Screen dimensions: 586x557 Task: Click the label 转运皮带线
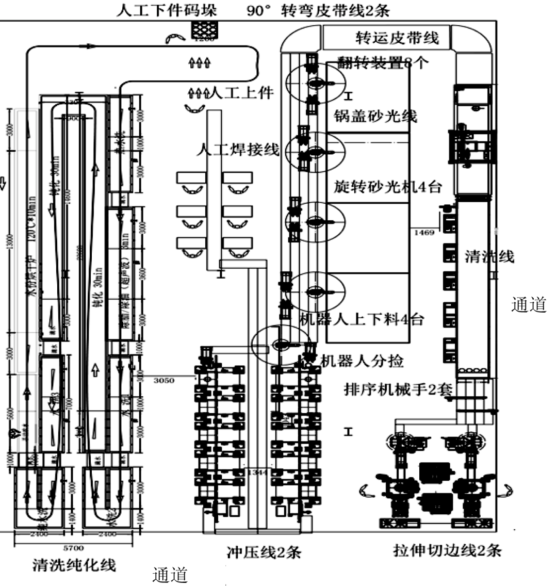tap(397, 38)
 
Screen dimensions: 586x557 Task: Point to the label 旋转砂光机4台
tap(385, 187)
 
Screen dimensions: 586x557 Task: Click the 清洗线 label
tap(489, 256)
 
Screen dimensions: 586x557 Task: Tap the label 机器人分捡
tap(362, 362)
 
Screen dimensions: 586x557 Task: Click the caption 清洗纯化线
tap(74, 565)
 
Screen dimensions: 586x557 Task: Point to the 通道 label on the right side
tap(529, 305)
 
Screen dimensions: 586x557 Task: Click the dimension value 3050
tap(164, 380)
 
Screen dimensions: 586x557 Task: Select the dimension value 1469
tap(424, 233)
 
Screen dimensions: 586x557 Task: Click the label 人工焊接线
tap(238, 150)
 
